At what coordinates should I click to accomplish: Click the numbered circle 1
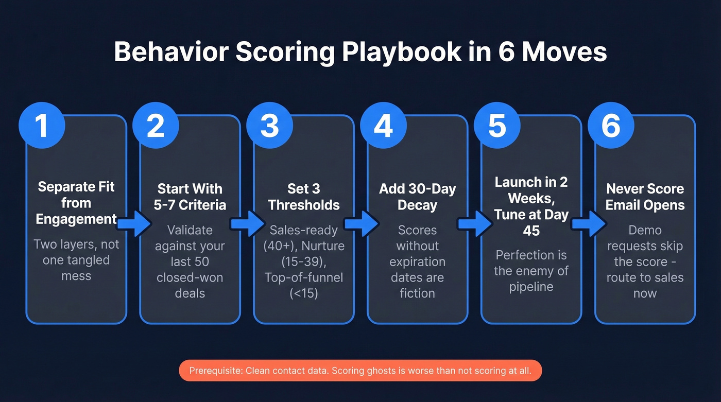tap(42, 126)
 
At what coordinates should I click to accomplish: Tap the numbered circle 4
tap(383, 126)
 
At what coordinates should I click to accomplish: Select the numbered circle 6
tap(611, 126)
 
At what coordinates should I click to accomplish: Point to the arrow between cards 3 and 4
tap(361, 223)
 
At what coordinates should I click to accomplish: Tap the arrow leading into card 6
tap(589, 223)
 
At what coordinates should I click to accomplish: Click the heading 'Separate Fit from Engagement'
tap(76, 203)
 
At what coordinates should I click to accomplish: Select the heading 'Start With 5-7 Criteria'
tap(190, 197)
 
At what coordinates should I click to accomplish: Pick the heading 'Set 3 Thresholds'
tap(304, 197)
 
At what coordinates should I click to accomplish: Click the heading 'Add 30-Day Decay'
tap(417, 197)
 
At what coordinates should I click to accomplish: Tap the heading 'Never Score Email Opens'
tap(645, 197)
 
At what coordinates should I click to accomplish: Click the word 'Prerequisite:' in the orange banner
tap(216, 371)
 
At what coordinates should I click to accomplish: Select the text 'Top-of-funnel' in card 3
tap(304, 277)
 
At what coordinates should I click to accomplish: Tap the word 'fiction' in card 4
tap(417, 293)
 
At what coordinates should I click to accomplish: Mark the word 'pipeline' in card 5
tap(531, 287)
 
